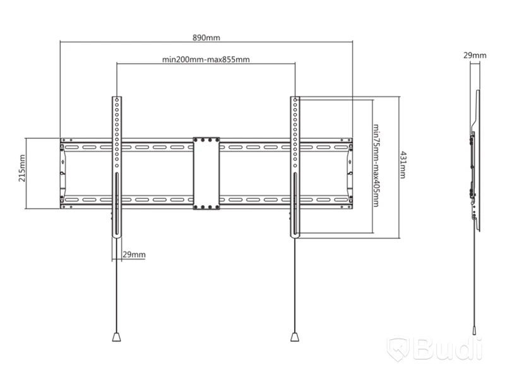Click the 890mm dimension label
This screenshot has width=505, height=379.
206,38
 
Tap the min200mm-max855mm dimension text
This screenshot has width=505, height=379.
206,59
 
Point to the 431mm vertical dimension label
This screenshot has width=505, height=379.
403,165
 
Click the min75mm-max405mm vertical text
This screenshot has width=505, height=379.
376,165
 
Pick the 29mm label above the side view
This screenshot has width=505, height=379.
475,56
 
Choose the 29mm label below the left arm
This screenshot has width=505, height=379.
134,255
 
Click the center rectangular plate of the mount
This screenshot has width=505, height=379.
206,173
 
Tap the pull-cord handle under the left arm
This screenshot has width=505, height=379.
117,337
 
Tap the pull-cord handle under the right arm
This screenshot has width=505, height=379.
295,337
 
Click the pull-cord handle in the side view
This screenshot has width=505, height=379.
475,330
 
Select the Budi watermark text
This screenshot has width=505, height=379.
448,349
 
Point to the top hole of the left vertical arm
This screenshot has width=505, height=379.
117,100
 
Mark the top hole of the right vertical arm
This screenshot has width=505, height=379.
295,100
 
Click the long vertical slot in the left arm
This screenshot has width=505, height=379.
117,203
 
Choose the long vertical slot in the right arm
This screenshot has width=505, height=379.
295,203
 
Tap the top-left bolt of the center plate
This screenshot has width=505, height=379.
196,140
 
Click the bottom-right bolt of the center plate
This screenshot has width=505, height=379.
217,207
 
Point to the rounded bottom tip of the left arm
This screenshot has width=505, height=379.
117,238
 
